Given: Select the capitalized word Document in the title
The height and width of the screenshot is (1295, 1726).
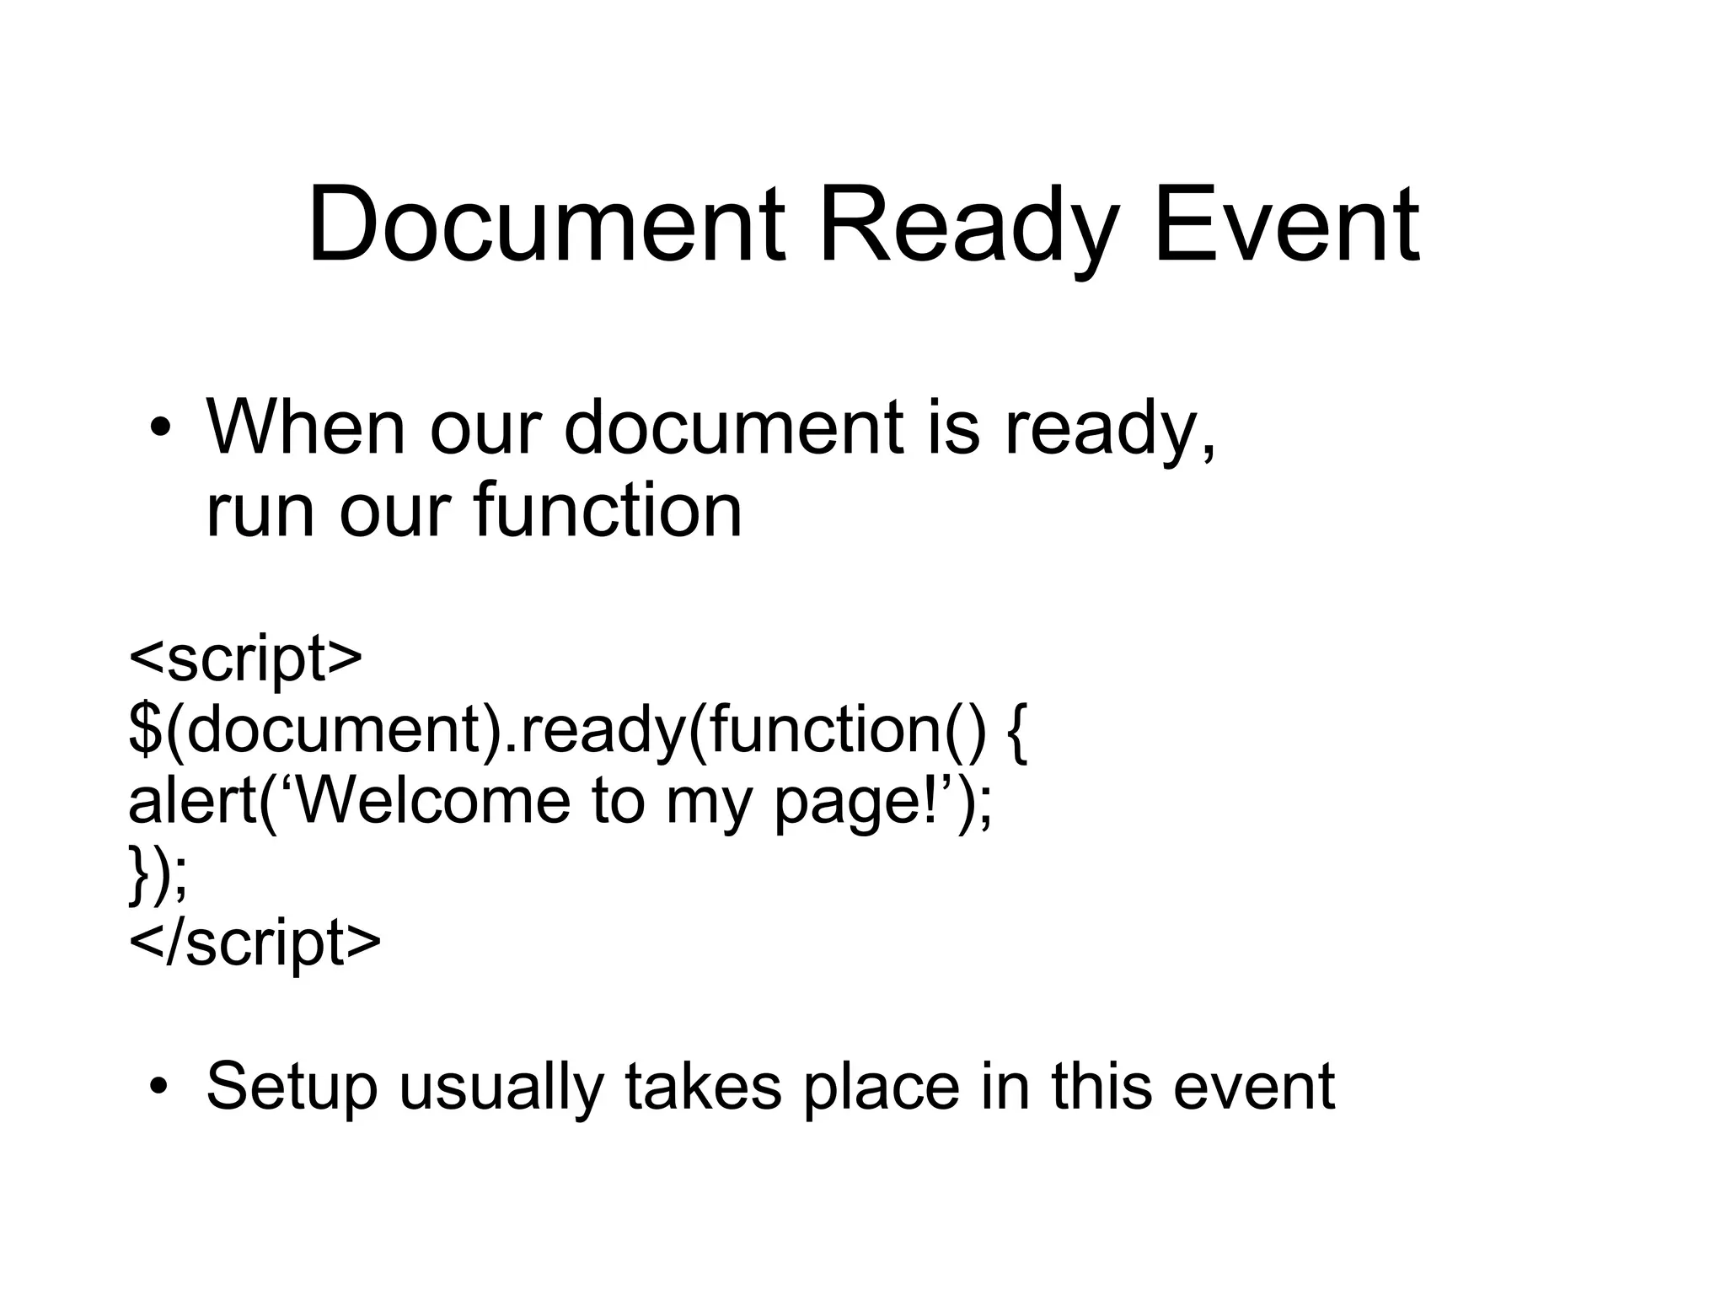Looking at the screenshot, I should tap(547, 226).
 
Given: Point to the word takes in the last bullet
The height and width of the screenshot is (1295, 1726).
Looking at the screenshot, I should tap(704, 1086).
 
